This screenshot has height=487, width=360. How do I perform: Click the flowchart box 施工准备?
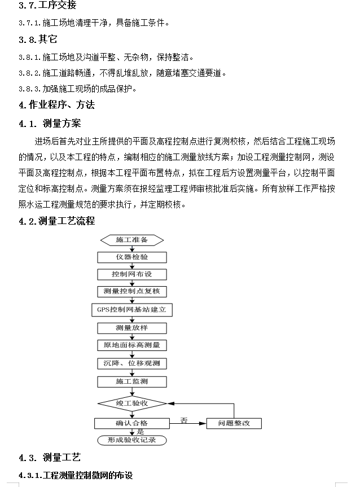pos(132,240)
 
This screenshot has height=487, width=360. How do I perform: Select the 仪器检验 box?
pos(132,257)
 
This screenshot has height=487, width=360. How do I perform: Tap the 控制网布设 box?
pos(132,274)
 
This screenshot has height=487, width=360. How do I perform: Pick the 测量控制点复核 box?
pos(132,291)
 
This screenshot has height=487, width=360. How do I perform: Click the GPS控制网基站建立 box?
pos(132,310)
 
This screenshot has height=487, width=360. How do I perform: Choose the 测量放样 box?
pos(132,328)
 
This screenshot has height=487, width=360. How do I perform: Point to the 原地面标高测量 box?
pos(132,345)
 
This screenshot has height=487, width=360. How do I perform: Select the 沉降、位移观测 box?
pos(132,363)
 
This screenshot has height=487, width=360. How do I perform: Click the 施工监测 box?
pos(132,381)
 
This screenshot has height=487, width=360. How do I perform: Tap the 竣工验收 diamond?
pos(132,403)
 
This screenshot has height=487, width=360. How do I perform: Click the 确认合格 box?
pos(132,423)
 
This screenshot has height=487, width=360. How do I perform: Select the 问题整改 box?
pos(234,423)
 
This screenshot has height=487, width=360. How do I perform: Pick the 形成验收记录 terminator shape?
pos(132,440)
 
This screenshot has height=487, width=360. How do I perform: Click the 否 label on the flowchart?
pos(184,420)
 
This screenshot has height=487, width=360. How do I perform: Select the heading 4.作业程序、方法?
pos(56,105)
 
